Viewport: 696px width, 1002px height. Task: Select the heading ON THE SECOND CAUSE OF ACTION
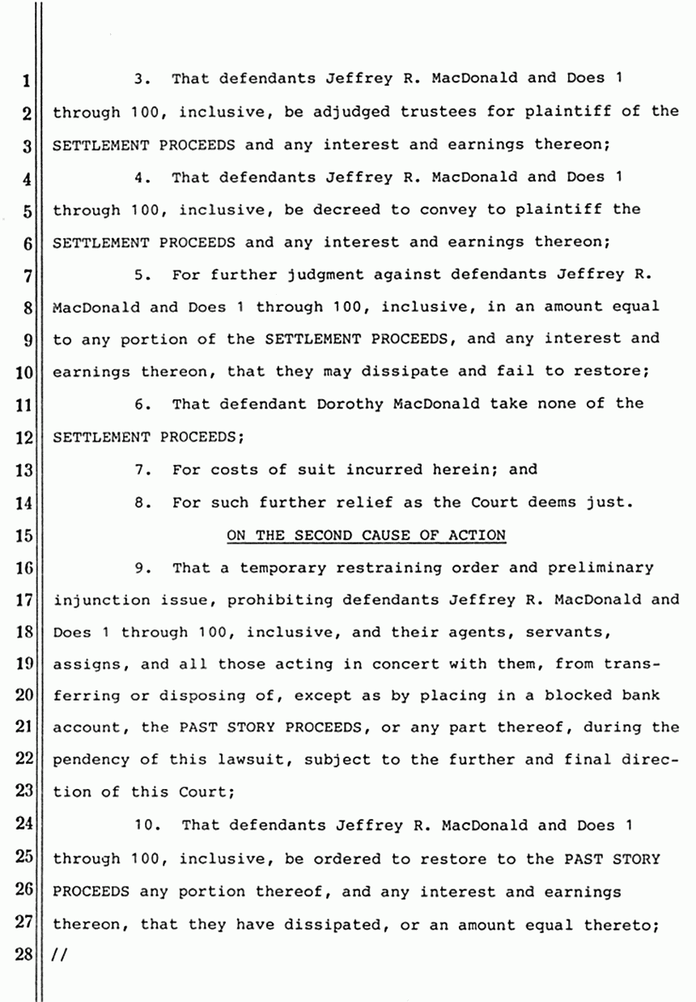click(367, 535)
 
